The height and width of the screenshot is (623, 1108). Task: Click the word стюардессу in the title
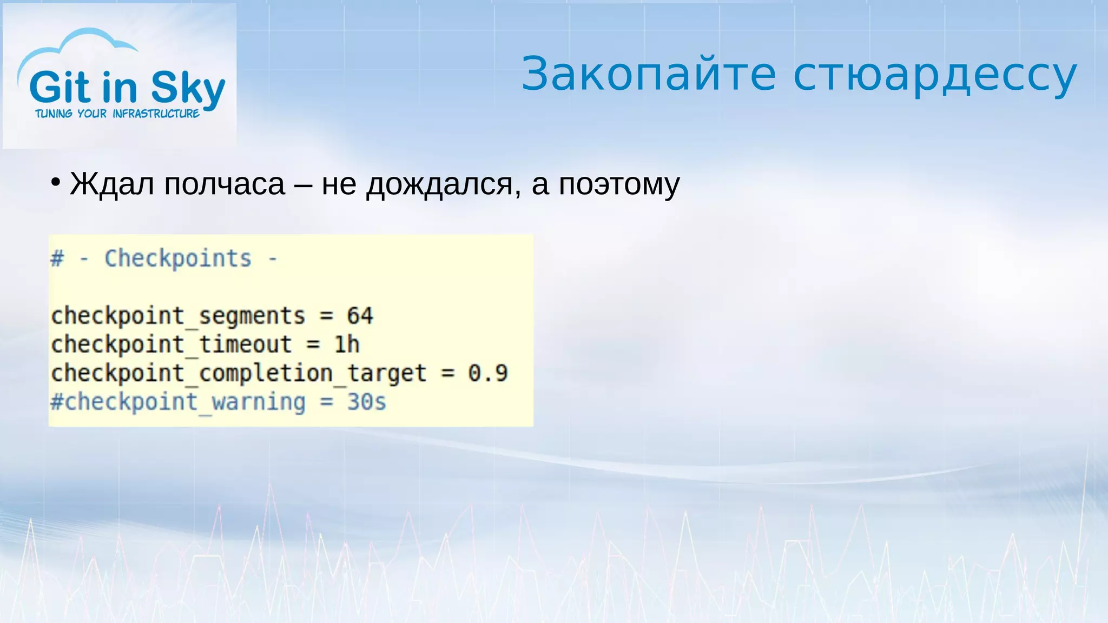(x=935, y=76)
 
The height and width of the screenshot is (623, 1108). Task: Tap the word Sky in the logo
(x=188, y=88)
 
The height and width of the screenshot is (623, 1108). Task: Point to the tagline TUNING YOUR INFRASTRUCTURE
(x=117, y=114)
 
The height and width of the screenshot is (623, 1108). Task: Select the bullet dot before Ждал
(x=55, y=183)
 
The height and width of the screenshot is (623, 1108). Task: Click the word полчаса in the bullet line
(x=224, y=184)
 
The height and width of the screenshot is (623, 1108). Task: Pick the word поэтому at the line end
(x=619, y=185)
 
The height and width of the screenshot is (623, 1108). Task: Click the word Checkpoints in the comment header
(x=178, y=259)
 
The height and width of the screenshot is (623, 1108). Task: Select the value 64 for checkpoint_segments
(x=360, y=316)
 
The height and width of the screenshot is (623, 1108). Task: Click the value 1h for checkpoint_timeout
(x=346, y=344)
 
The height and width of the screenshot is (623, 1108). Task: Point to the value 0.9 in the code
(x=488, y=373)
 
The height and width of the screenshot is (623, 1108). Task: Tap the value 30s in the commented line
(x=366, y=402)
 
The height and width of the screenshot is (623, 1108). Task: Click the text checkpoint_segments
(x=178, y=316)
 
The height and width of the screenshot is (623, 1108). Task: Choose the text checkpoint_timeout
(x=172, y=344)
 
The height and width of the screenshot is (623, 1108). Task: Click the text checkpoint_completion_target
(x=239, y=373)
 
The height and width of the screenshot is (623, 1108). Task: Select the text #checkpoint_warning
(x=178, y=402)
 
